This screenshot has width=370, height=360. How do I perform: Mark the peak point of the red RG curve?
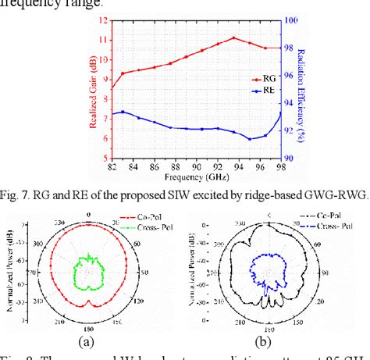coord(233,37)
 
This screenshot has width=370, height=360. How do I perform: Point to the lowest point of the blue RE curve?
coord(250,139)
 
